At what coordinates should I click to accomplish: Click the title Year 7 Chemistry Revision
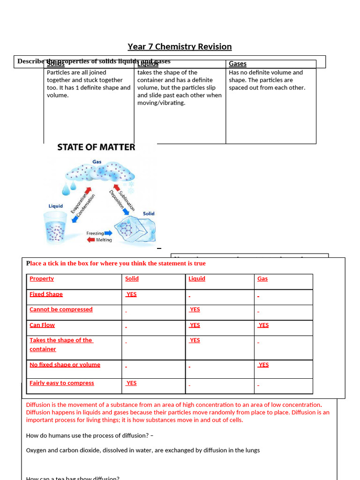[180, 46]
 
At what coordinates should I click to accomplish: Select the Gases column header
[238, 64]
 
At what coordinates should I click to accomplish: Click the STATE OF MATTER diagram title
[96, 147]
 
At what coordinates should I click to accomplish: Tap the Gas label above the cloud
[97, 162]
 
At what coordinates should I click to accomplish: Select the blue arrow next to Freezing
[109, 232]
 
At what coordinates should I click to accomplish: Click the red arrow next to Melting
[91, 240]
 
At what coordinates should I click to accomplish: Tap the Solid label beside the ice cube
[149, 214]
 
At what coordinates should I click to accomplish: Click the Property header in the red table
[42, 278]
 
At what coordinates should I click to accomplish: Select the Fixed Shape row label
[46, 294]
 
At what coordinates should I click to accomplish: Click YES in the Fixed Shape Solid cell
[131, 294]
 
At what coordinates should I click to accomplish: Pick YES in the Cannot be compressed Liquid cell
[195, 309]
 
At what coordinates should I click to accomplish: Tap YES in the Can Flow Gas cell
[263, 325]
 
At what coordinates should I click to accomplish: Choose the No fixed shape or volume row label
[65, 365]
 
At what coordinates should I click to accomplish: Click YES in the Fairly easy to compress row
[131, 383]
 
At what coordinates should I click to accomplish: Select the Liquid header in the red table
[197, 278]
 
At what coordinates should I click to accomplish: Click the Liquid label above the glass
[56, 206]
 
